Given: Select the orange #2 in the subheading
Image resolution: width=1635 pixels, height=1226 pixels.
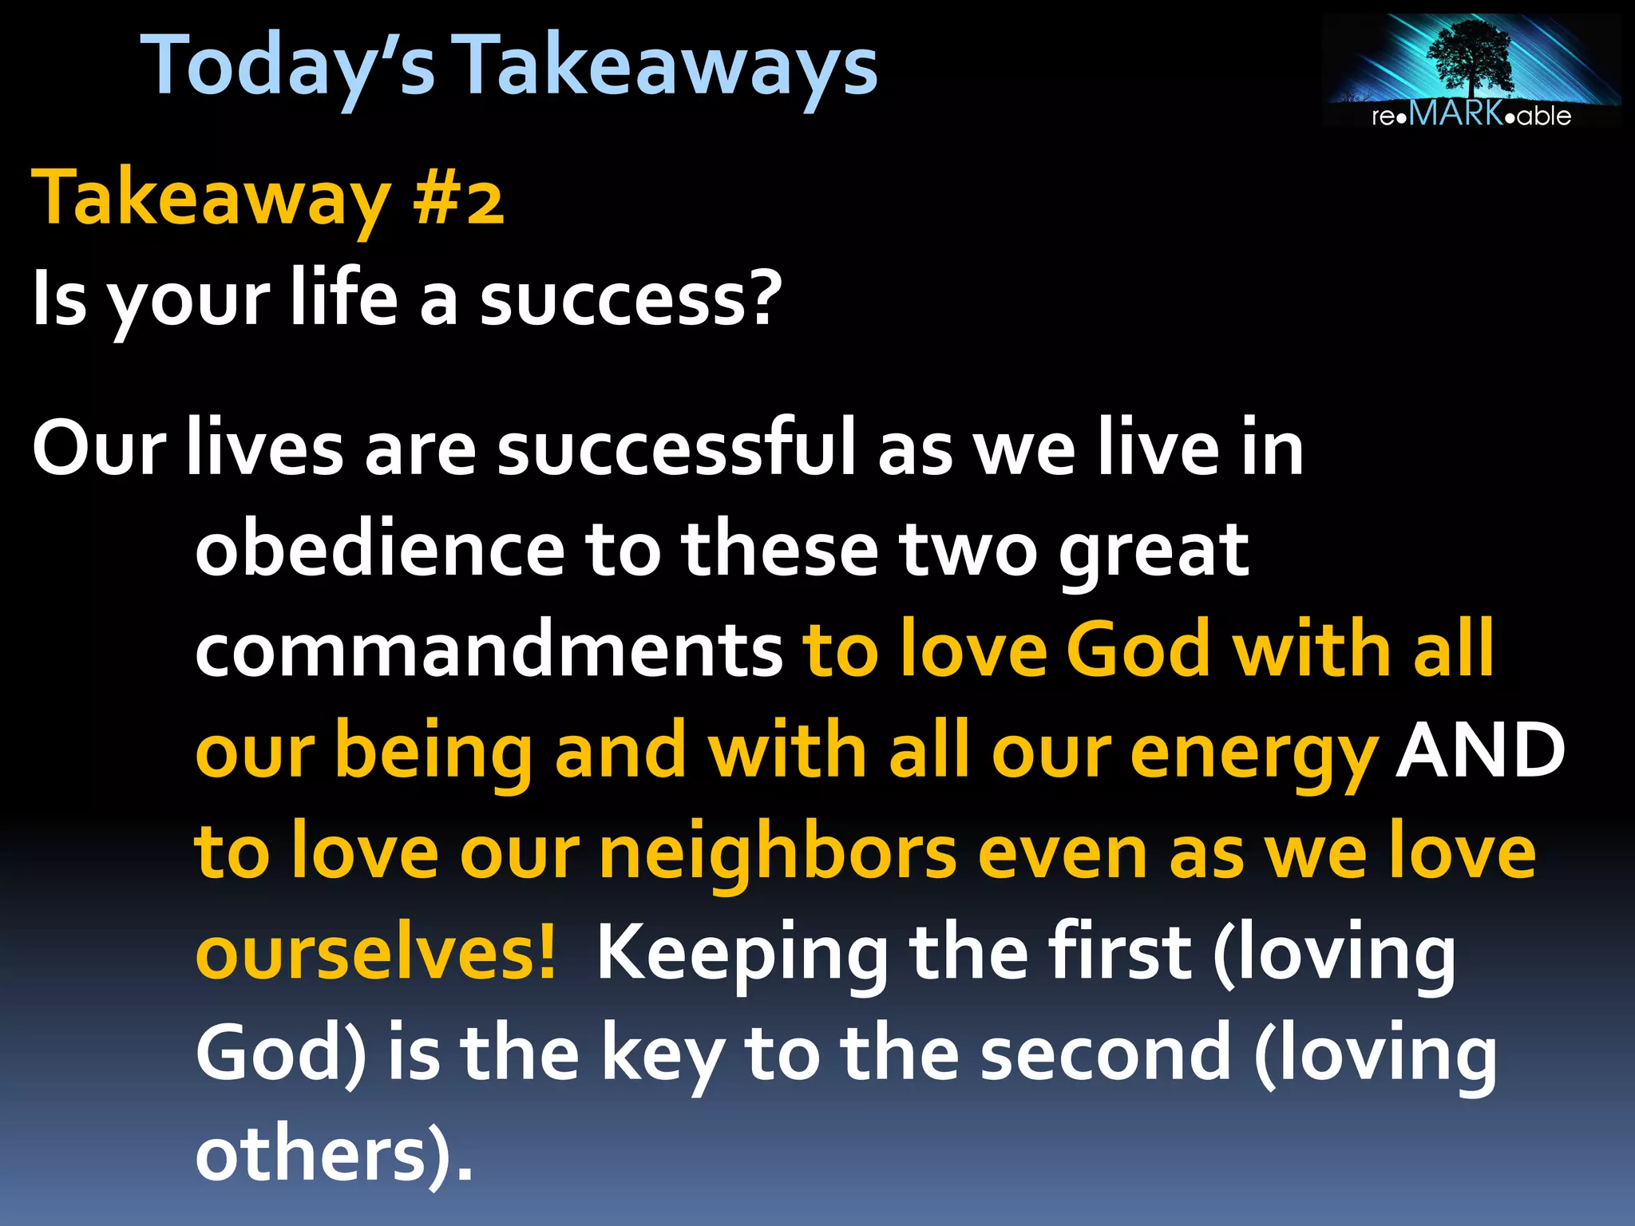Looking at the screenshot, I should tap(458, 200).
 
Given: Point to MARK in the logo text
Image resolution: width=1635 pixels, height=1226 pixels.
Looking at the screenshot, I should tap(1456, 113).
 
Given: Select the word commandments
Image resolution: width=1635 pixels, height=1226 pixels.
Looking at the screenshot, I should tap(489, 651).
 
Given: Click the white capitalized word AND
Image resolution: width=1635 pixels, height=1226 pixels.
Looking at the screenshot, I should tap(1480, 750).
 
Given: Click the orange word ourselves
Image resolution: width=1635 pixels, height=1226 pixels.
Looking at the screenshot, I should tap(375, 954).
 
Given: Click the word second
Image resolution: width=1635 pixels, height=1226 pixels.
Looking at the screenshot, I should tap(1106, 1054).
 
